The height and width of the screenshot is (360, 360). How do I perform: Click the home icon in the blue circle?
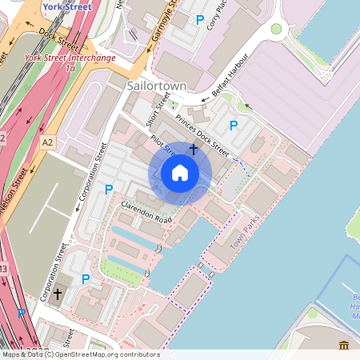pyautogui.click(x=180, y=172)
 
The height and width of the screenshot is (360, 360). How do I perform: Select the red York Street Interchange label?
pyautogui.click(x=70, y=58)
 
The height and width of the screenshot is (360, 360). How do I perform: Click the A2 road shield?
pyautogui.click(x=48, y=142)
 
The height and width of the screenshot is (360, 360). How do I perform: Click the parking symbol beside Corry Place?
pyautogui.click(x=199, y=20)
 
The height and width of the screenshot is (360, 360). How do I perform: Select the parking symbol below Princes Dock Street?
pyautogui.click(x=234, y=125)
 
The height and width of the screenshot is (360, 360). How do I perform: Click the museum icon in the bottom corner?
pyautogui.click(x=344, y=345)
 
